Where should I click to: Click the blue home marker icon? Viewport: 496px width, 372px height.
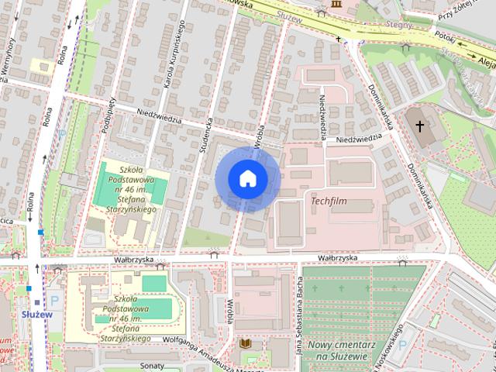coord(247,179)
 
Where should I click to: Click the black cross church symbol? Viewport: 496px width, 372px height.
coord(420,125)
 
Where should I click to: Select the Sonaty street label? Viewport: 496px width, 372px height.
coord(153,365)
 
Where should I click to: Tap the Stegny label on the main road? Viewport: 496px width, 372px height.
coord(397,24)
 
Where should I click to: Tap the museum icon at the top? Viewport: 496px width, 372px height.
coord(335,5)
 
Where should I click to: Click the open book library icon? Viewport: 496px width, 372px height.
coord(245,343)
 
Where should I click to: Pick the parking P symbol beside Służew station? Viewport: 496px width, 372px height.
coord(54,301)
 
